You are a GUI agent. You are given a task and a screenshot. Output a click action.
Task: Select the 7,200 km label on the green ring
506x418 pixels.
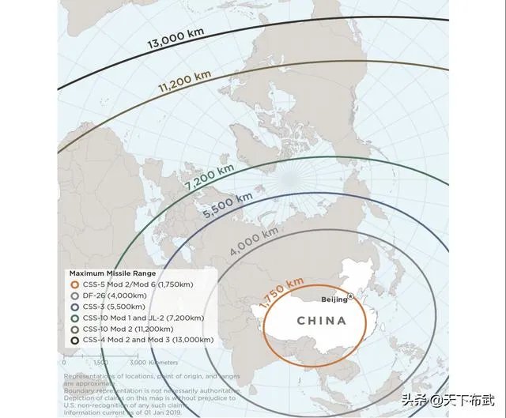point(210,176)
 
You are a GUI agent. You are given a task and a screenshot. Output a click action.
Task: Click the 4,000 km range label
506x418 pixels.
point(254,241)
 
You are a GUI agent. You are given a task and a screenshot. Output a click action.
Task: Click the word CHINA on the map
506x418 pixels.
point(321,321)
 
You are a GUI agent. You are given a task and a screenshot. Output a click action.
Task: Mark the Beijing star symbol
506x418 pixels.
point(351,296)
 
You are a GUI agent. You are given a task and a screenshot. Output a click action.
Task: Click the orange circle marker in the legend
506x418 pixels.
point(74,284)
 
